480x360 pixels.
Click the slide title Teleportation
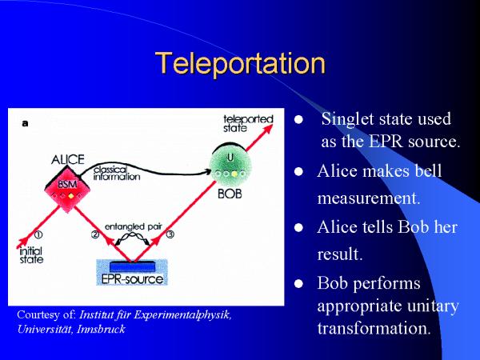(x=240, y=63)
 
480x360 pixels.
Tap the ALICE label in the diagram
(x=68, y=159)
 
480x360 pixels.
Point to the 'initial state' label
(x=30, y=255)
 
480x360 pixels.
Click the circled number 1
(x=38, y=234)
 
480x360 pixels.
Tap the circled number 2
(x=96, y=234)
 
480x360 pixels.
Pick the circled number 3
(x=170, y=234)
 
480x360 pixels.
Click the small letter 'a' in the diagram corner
(x=26, y=123)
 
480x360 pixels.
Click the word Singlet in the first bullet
(x=345, y=119)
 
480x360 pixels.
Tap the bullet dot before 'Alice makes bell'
(x=298, y=172)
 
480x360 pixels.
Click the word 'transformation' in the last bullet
(x=374, y=328)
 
